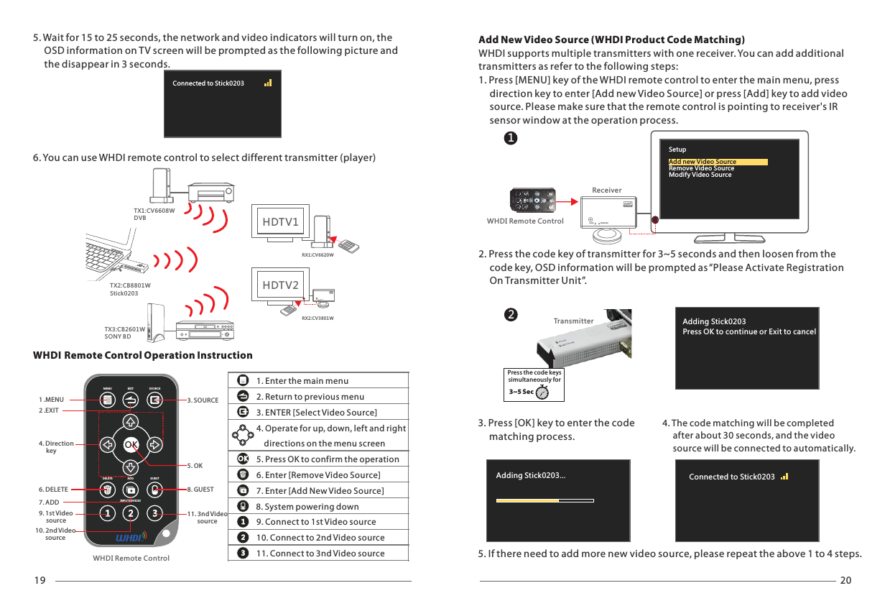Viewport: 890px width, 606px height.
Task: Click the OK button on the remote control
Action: (x=130, y=444)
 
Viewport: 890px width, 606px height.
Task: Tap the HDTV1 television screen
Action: (x=280, y=222)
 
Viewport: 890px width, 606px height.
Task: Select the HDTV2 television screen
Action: (x=280, y=285)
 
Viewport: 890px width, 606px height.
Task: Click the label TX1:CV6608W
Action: (x=154, y=211)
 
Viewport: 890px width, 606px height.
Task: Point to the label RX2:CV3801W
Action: (x=317, y=318)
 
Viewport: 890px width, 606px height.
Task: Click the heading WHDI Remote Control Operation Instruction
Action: (x=143, y=355)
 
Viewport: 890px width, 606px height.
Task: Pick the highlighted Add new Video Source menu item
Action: (x=703, y=162)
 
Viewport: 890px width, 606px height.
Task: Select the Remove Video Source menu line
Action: (x=701, y=168)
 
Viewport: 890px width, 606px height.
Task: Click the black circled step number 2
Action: (x=509, y=315)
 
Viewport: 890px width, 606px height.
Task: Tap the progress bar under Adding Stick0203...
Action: (x=528, y=501)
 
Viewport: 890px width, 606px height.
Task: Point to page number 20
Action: (x=845, y=581)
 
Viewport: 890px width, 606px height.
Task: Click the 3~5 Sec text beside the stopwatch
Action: (x=521, y=392)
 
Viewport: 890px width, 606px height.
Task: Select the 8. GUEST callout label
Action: (x=200, y=490)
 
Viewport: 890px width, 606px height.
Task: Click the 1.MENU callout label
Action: (x=52, y=400)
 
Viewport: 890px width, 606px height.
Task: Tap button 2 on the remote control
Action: (x=130, y=513)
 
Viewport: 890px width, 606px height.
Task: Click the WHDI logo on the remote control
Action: (x=131, y=537)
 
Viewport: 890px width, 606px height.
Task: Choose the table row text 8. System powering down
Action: (x=307, y=506)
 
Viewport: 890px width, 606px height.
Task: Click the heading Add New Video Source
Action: (x=611, y=40)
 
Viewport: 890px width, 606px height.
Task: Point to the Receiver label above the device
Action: (x=606, y=190)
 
